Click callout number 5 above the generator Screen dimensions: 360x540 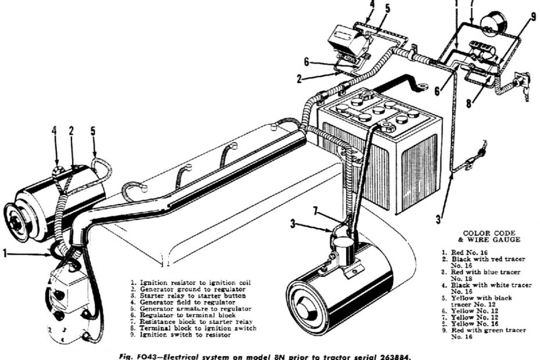click(x=93, y=131)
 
